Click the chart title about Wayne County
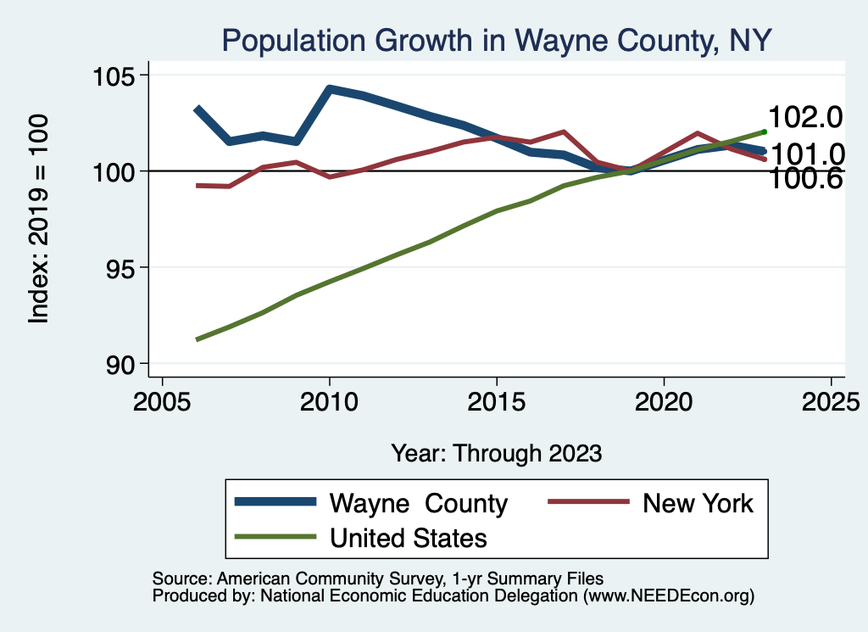[x=496, y=40]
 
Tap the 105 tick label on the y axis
[x=114, y=76]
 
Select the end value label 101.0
[x=804, y=154]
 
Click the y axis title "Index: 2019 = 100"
[x=39, y=220]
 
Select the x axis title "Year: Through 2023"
[x=496, y=453]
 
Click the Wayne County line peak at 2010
[x=330, y=88]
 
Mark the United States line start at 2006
[x=197, y=339]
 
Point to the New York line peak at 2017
[x=563, y=132]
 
